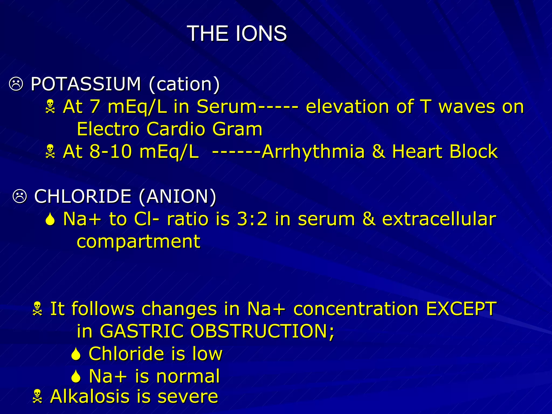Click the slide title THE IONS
(237, 33)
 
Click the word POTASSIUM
(86, 84)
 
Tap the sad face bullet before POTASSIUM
(16, 84)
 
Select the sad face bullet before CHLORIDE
(20, 196)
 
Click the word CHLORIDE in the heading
(83, 196)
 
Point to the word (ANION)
(178, 196)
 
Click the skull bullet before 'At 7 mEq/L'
(50, 106)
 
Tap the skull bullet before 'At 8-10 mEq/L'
(50, 151)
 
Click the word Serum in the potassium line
(227, 106)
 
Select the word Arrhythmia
(313, 151)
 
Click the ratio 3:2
(252, 219)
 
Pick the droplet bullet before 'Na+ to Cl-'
(50, 219)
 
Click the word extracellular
(439, 219)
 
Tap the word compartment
(139, 241)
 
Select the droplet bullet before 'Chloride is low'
(76, 354)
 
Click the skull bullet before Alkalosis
(37, 396)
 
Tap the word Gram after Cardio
(237, 129)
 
